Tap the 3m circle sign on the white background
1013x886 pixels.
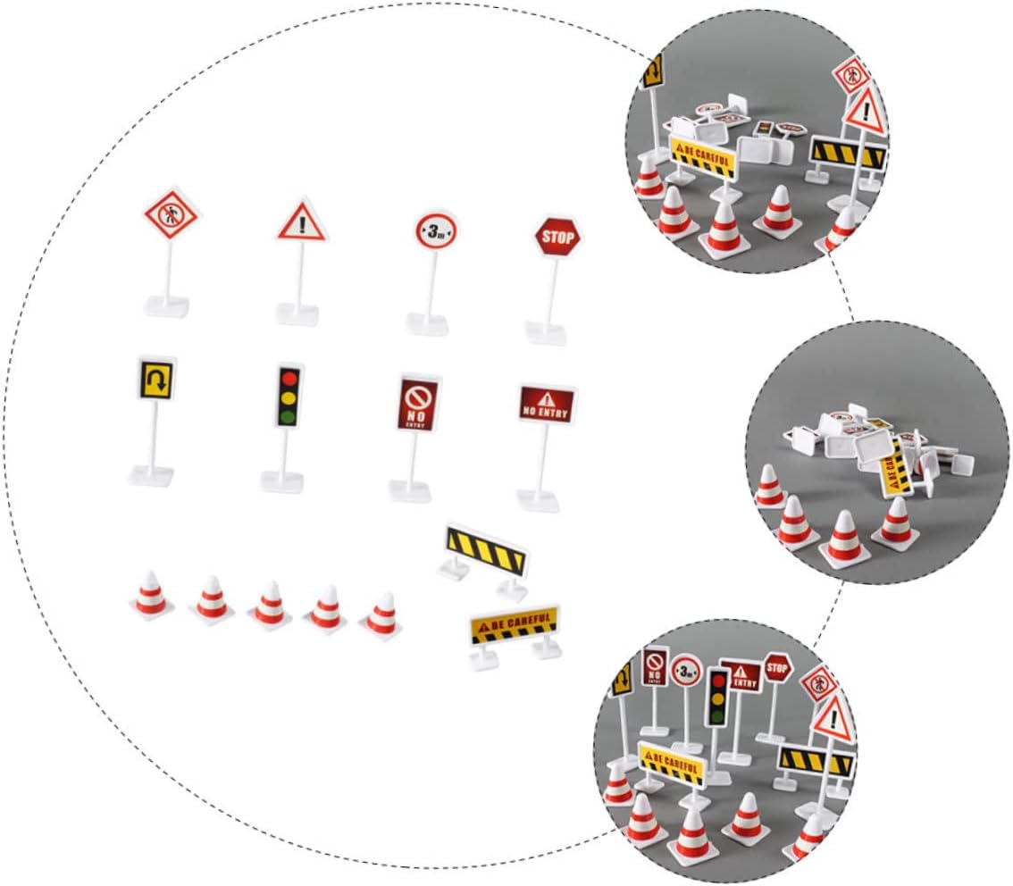click(x=435, y=232)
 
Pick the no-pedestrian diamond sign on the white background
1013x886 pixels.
click(x=171, y=215)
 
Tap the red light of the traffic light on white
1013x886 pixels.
click(x=287, y=377)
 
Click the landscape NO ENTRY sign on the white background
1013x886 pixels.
click(x=547, y=403)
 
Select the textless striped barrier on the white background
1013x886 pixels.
click(x=486, y=548)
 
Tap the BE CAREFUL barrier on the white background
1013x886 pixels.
click(x=515, y=625)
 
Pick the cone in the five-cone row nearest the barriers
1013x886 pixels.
click(x=381, y=615)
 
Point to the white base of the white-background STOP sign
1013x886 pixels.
click(x=546, y=332)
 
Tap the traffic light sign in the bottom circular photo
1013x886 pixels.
click(x=716, y=697)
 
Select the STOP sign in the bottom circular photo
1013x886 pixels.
click(x=778, y=665)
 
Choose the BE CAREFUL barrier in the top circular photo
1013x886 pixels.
click(x=703, y=156)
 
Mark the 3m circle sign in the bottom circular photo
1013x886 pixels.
click(x=686, y=669)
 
